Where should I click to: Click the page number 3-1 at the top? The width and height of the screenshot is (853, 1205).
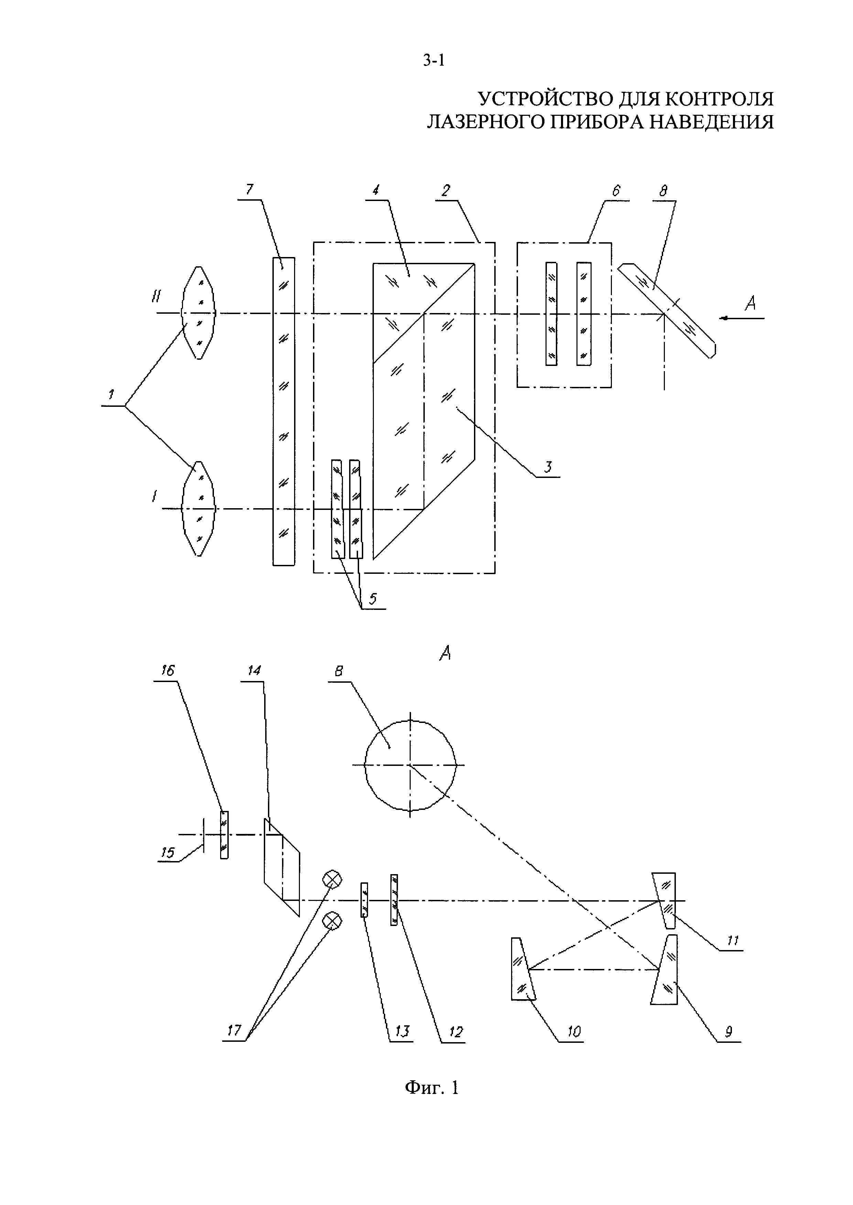pyautogui.click(x=434, y=61)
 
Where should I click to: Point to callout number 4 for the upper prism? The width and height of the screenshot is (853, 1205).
pyautogui.click(x=376, y=190)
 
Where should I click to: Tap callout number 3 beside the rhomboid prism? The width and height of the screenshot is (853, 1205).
pyautogui.click(x=548, y=467)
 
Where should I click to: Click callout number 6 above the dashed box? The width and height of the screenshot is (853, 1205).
pyautogui.click(x=616, y=190)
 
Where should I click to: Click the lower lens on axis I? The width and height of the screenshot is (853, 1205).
pyautogui.click(x=198, y=508)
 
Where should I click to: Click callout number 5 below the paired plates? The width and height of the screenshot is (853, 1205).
pyautogui.click(x=372, y=599)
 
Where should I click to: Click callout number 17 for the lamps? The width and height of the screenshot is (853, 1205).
pyautogui.click(x=234, y=1030)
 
